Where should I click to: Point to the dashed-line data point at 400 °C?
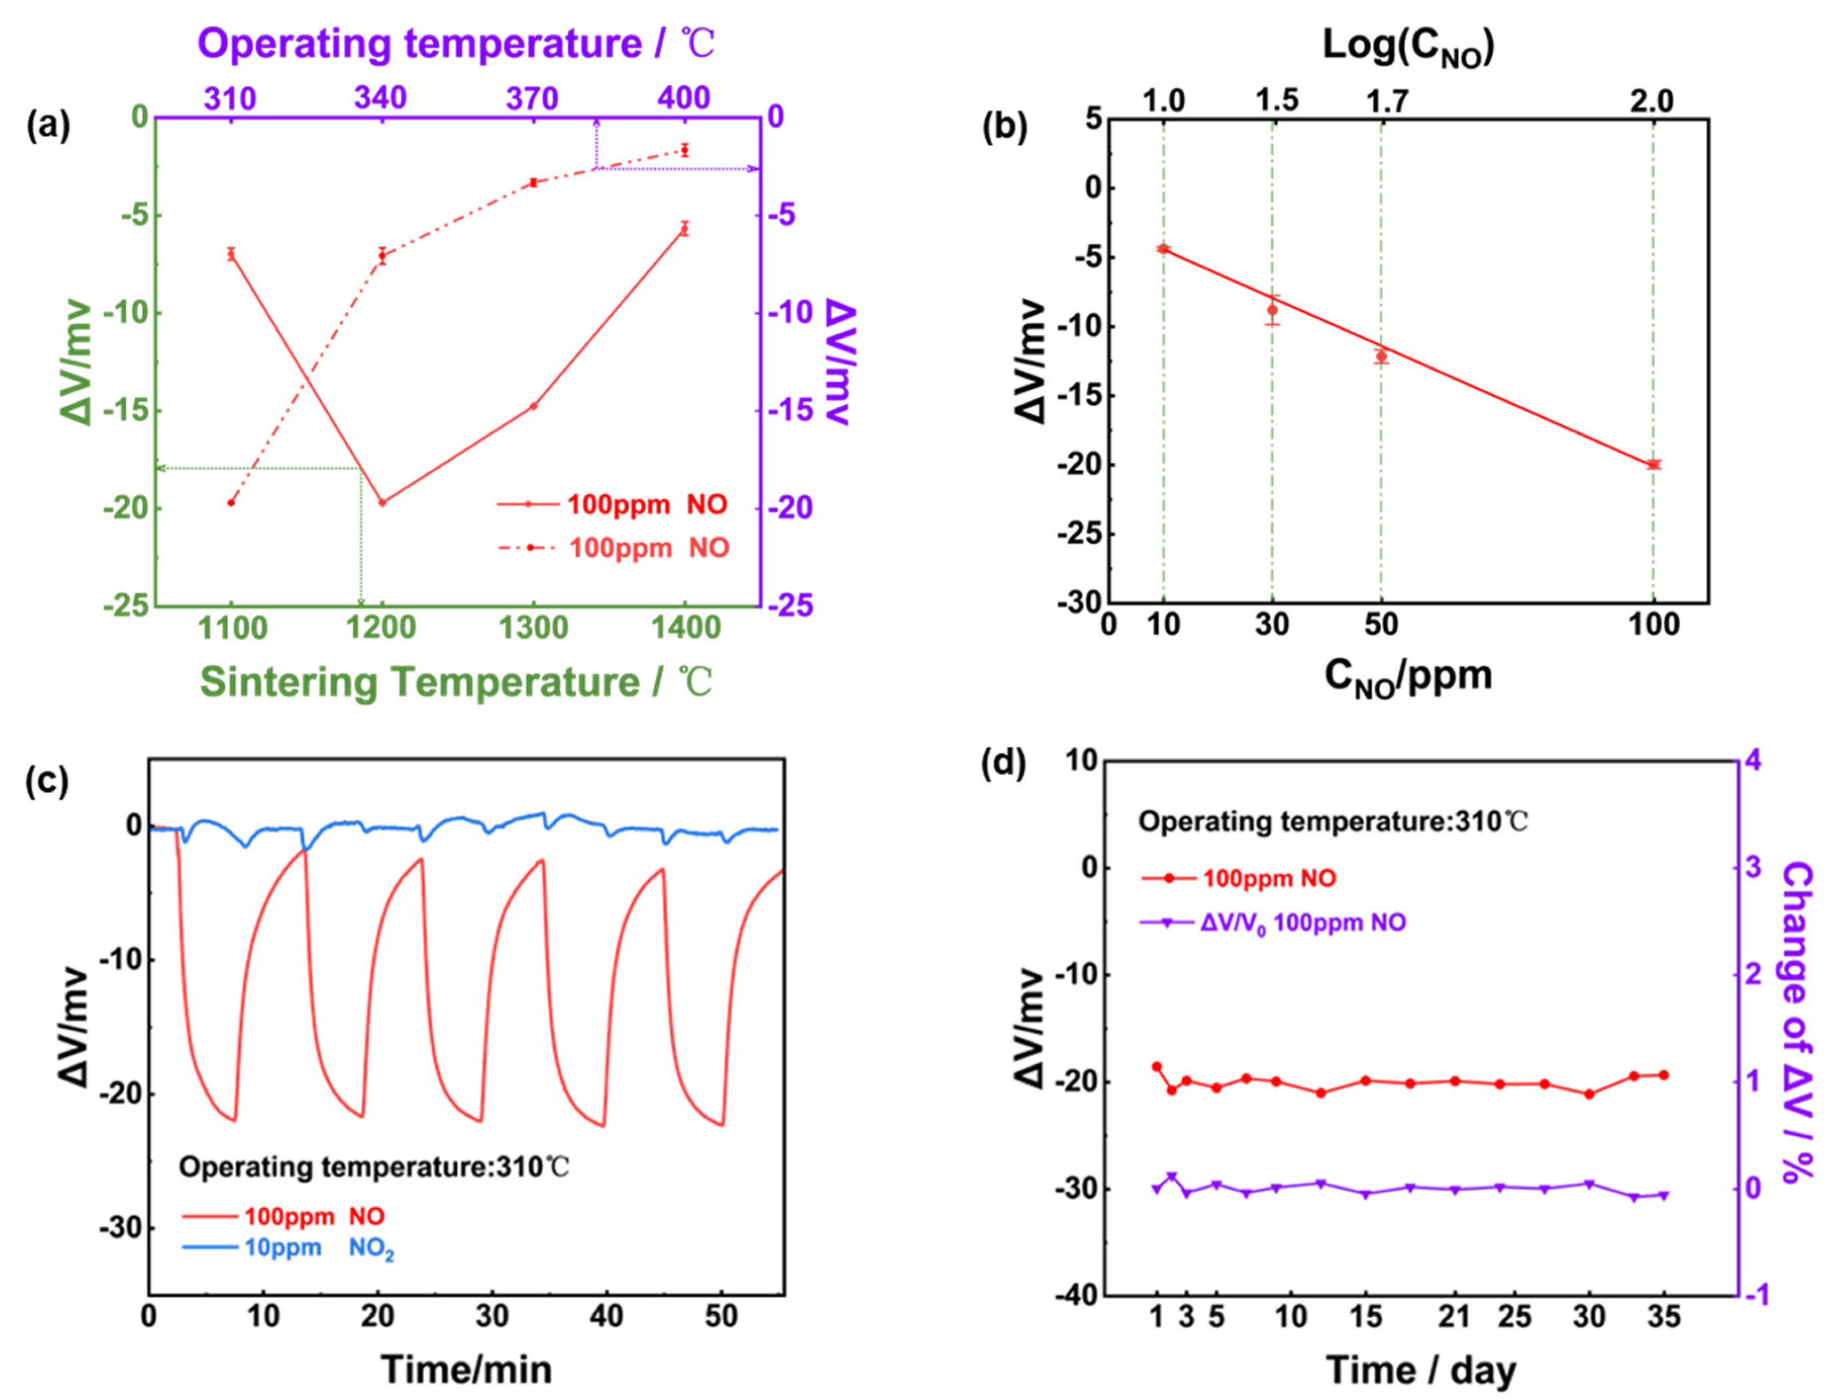[x=684, y=150]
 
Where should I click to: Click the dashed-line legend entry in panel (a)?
[x=613, y=548]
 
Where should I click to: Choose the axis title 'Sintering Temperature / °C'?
[x=456, y=682]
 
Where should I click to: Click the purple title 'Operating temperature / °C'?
[x=456, y=43]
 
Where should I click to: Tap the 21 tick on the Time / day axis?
[x=1455, y=1317]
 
